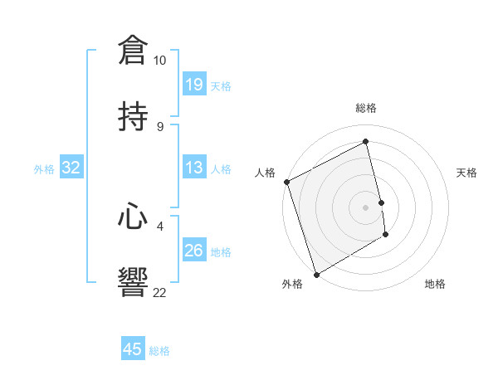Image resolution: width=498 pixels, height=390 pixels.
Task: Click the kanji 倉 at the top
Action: tap(134, 50)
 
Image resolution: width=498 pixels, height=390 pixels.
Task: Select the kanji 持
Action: tap(134, 116)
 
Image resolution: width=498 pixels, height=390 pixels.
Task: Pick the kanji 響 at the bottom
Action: tap(134, 281)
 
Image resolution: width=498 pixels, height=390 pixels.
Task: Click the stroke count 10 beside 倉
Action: tap(159, 61)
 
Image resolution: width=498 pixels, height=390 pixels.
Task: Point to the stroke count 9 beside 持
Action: tap(159, 127)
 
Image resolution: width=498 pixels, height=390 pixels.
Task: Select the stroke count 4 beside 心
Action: tap(159, 225)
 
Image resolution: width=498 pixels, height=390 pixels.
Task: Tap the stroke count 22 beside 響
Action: tap(159, 292)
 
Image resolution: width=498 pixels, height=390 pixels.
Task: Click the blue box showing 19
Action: tap(194, 84)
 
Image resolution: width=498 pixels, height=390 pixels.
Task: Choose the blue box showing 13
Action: tap(194, 167)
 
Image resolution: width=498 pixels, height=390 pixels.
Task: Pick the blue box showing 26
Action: tap(194, 250)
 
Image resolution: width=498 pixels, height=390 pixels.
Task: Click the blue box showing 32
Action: tap(71, 168)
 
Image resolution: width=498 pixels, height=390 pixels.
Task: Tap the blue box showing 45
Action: tap(133, 349)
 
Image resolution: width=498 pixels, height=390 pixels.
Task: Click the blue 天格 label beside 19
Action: tap(221, 85)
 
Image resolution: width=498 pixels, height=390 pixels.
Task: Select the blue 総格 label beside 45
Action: tap(159, 351)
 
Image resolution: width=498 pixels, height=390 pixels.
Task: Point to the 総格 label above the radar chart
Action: tap(366, 108)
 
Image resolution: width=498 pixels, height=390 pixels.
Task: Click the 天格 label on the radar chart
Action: tap(467, 173)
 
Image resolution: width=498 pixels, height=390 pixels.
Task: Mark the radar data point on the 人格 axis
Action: tap(286, 182)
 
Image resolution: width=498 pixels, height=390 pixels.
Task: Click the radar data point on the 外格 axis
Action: tap(316, 274)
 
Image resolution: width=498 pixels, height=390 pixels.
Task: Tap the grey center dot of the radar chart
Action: tap(366, 207)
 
